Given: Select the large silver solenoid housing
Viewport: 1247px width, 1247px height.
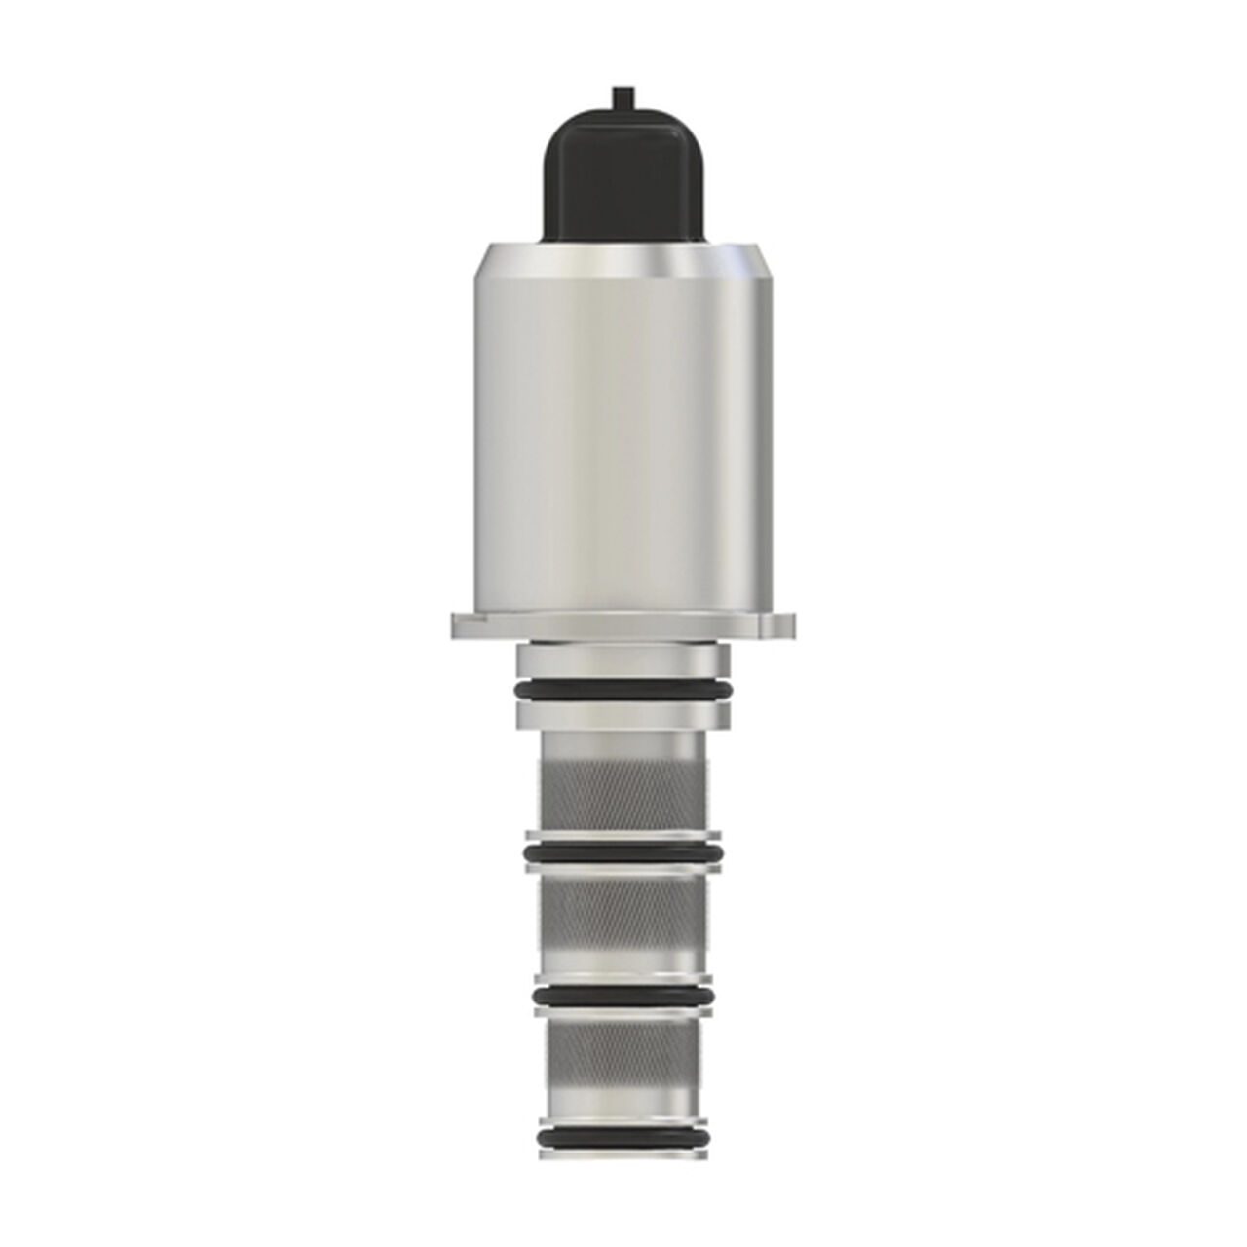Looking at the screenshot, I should tap(623, 429).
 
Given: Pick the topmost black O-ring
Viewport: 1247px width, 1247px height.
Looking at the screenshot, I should tap(623, 691).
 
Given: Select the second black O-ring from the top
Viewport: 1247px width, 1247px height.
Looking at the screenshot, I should tap(623, 854).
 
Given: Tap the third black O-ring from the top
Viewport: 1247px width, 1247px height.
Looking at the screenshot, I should tap(623, 996).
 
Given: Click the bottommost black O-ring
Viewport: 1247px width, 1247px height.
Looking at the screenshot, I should tap(623, 1137).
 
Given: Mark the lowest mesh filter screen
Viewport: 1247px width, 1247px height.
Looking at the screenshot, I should tap(623, 1057).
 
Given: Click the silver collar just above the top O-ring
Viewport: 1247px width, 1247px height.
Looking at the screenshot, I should tap(623, 662).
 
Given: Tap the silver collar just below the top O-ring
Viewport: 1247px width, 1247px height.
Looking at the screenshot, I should tap(623, 717).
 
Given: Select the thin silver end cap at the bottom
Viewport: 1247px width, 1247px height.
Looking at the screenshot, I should tap(623, 1155).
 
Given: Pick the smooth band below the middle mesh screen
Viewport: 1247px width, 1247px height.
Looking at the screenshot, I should tap(623, 964).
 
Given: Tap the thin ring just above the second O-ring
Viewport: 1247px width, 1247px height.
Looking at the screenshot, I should tap(623, 836).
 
